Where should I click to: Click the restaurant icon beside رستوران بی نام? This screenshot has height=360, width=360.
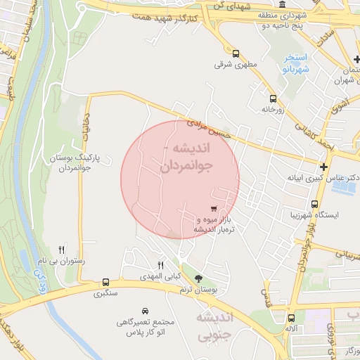tap(62, 250)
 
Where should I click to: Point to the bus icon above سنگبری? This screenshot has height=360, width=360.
tap(105, 282)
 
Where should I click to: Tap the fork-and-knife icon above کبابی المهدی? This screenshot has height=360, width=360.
tap(161, 265)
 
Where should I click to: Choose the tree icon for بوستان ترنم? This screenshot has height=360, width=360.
tap(198, 279)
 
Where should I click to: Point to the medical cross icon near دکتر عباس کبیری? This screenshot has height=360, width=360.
tap(323, 167)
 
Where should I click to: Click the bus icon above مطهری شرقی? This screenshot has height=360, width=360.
tap(236, 53)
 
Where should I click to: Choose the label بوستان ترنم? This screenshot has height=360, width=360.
tap(195, 290)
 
